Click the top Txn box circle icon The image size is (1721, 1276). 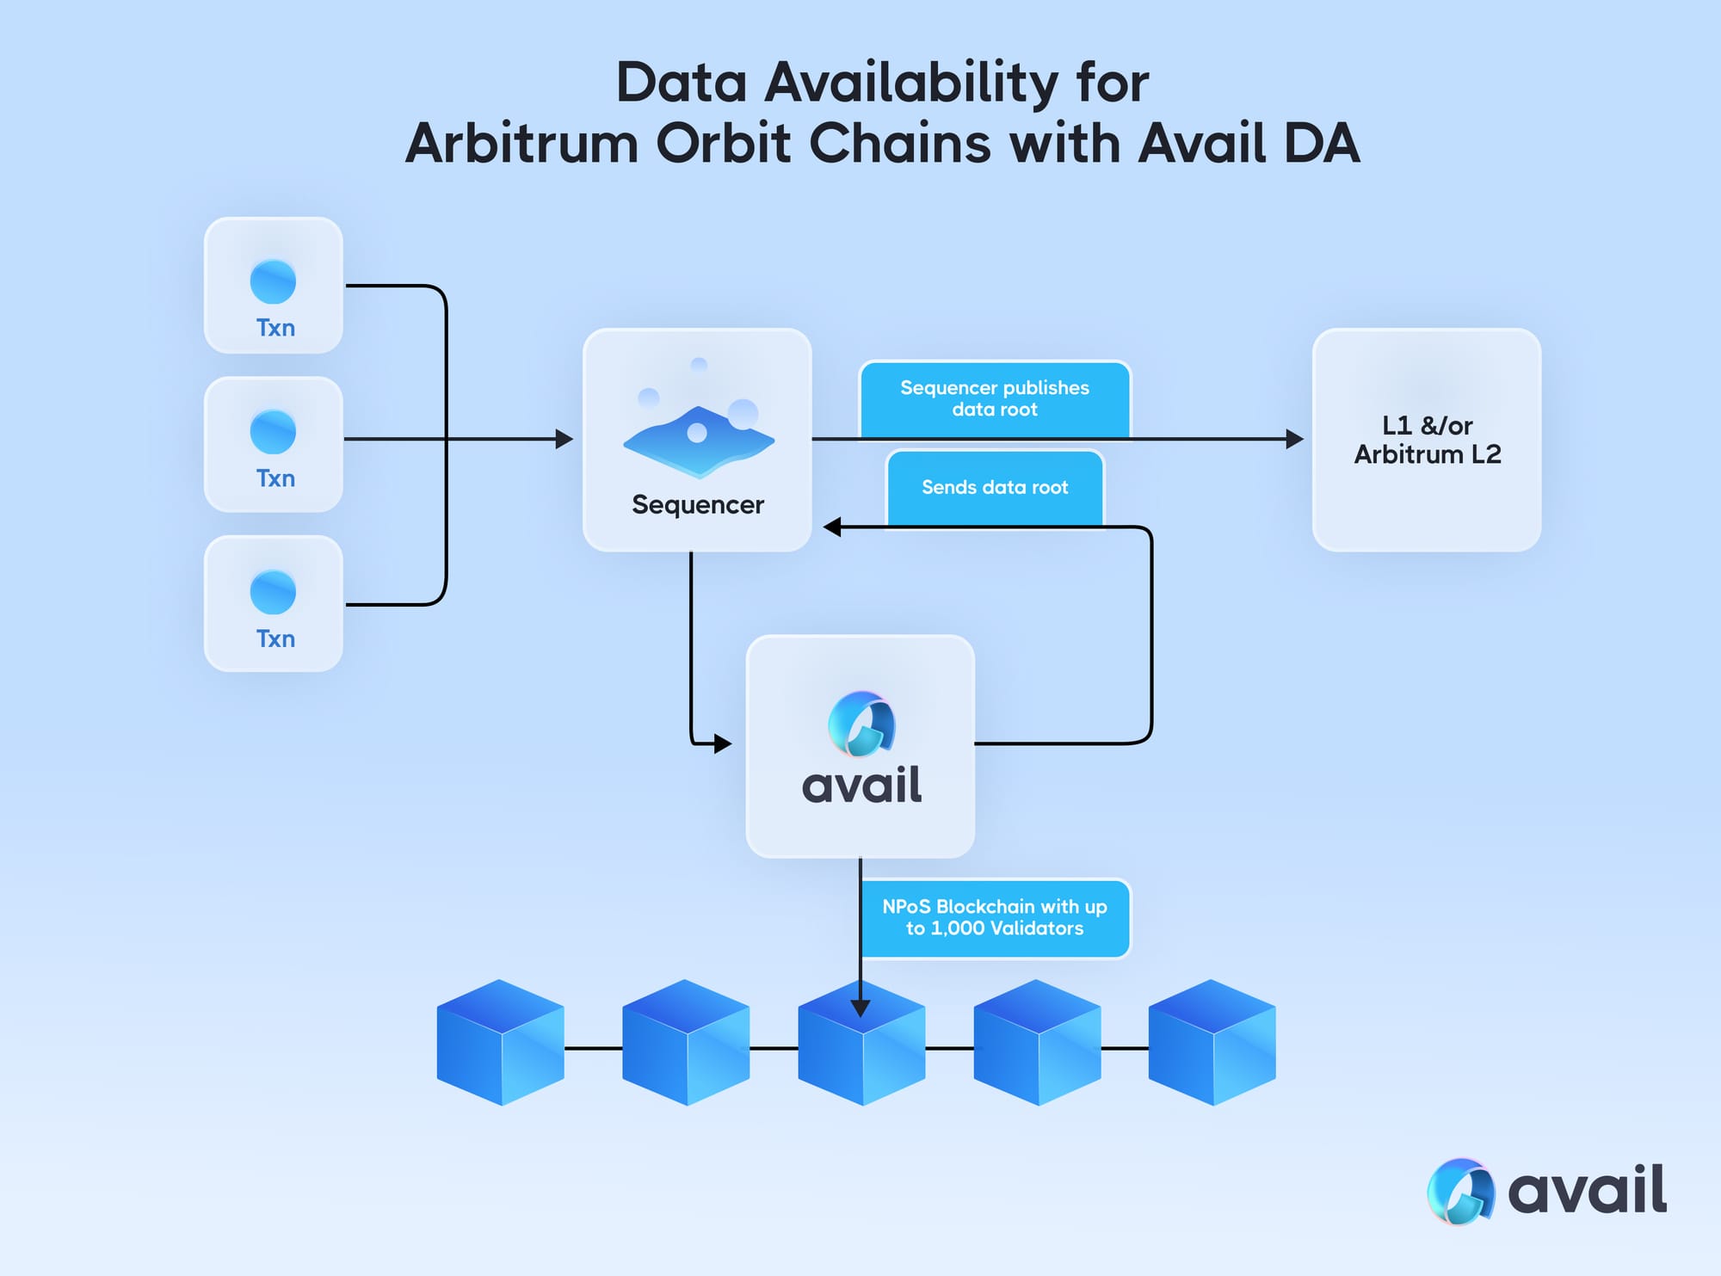coord(273,281)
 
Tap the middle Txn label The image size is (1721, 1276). coord(275,478)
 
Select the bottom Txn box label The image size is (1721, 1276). coord(275,639)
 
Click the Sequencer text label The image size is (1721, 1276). coord(698,505)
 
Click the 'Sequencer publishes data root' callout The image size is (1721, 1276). coord(995,399)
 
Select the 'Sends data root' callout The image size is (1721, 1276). coord(995,488)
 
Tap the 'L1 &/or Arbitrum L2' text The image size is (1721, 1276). coord(1428,440)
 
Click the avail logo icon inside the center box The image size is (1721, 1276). coord(861,724)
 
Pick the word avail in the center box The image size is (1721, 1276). coord(861,786)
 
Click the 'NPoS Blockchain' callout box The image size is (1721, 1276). coord(996,918)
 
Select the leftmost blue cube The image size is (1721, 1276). coord(501,1042)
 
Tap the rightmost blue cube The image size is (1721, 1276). coord(1212,1042)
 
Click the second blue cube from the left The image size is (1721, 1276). coord(686,1042)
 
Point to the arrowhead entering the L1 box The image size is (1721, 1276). coord(1294,439)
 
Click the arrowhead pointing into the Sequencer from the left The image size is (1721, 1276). coord(564,439)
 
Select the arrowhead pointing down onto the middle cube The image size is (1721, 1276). coord(860,1008)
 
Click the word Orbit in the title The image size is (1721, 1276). coord(723,143)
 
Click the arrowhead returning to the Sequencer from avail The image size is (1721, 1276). coord(832,527)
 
